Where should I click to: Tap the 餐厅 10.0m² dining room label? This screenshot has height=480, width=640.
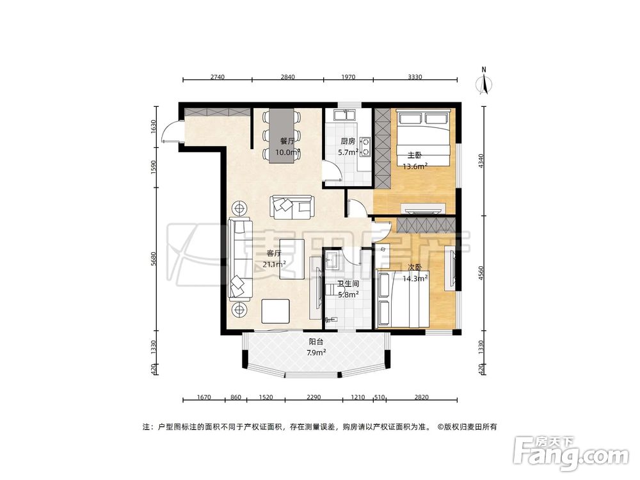287,147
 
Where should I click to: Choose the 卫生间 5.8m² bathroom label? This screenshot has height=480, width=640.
348,289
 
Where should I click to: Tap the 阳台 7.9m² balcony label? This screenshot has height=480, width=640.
316,347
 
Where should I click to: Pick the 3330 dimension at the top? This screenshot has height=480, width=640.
415,77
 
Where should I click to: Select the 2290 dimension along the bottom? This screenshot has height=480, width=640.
313,398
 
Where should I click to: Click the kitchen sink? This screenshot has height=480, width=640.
348,117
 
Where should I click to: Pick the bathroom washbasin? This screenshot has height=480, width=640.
332,259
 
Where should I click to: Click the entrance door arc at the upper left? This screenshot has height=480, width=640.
169,131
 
